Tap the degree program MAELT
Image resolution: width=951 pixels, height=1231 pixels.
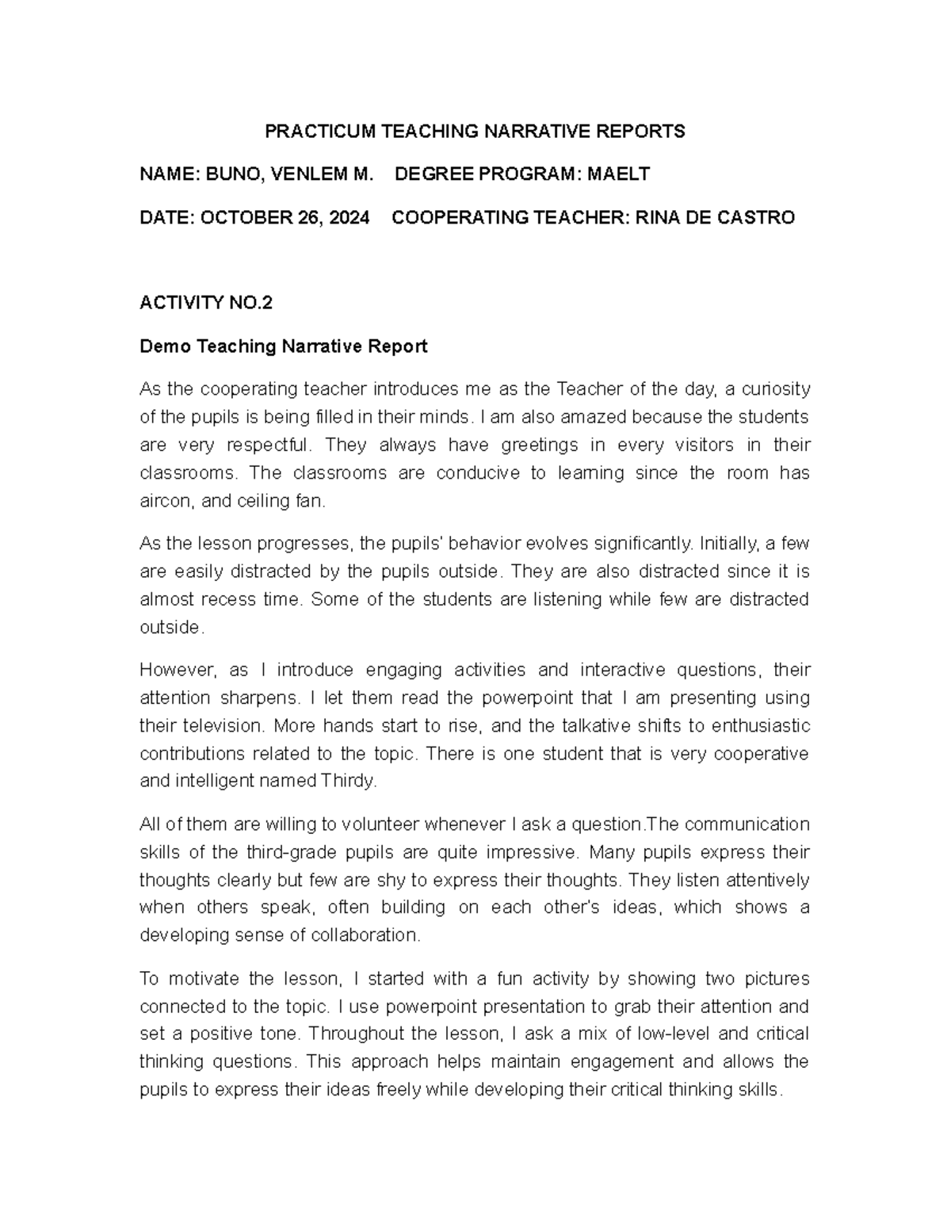[618, 174]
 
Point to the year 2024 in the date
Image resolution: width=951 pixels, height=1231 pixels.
[347, 217]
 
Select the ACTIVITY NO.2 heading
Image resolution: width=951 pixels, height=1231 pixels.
[206, 303]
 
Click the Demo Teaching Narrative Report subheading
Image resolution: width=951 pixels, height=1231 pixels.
[283, 346]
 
